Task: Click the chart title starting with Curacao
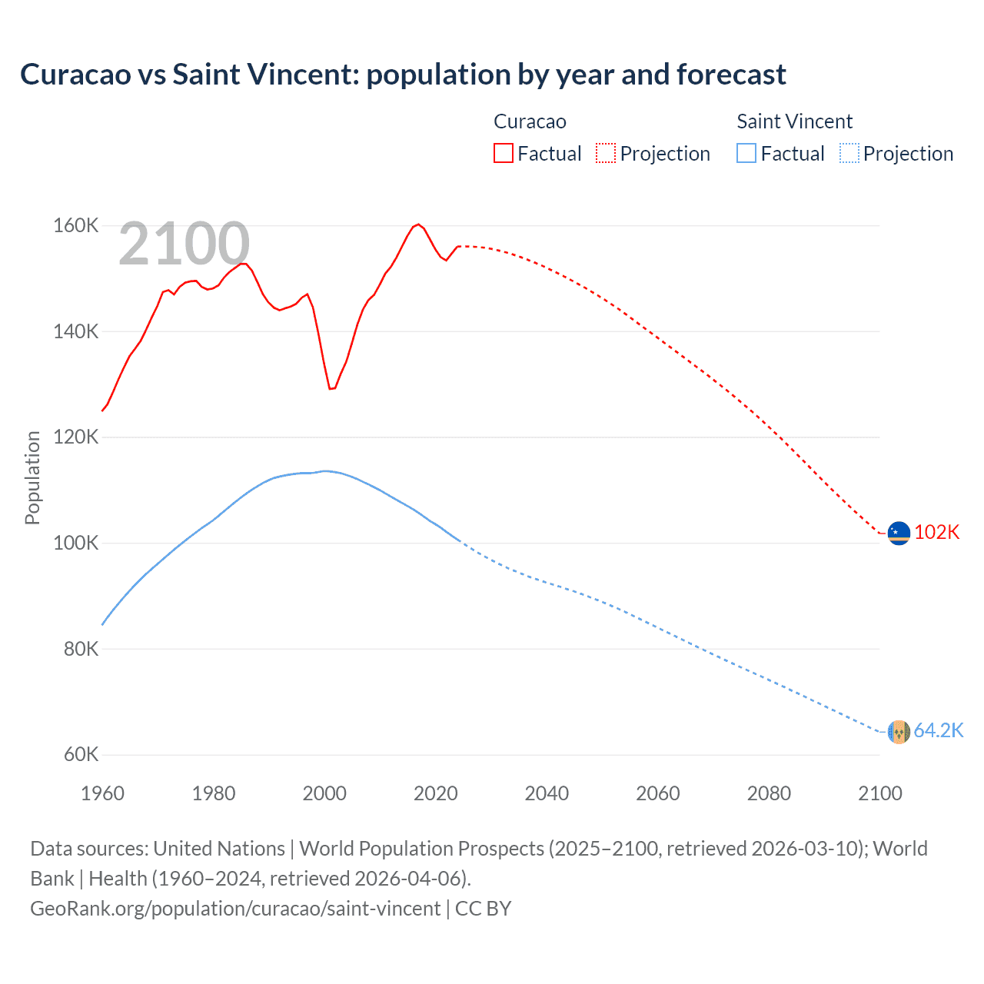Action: click(x=403, y=75)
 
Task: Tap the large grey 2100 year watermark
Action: click(x=184, y=244)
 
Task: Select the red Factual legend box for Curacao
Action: click(x=503, y=153)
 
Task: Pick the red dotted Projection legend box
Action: click(x=606, y=153)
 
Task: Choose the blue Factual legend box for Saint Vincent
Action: click(x=746, y=153)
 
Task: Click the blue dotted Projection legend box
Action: click(x=849, y=153)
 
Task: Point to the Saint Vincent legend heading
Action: click(x=794, y=121)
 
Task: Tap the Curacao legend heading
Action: click(x=530, y=121)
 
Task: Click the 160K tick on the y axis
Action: click(x=75, y=226)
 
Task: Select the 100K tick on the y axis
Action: click(x=75, y=544)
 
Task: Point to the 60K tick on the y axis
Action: click(x=80, y=754)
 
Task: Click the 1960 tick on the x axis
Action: click(x=102, y=793)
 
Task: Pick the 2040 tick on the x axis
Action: click(x=547, y=793)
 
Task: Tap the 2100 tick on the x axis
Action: click(x=879, y=793)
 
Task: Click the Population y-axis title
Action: click(x=32, y=477)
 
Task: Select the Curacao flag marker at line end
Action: click(x=899, y=533)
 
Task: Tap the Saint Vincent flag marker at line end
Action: click(x=899, y=732)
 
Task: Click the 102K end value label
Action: click(x=936, y=533)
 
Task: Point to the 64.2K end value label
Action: click(x=938, y=731)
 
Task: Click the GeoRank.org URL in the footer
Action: click(x=235, y=909)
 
